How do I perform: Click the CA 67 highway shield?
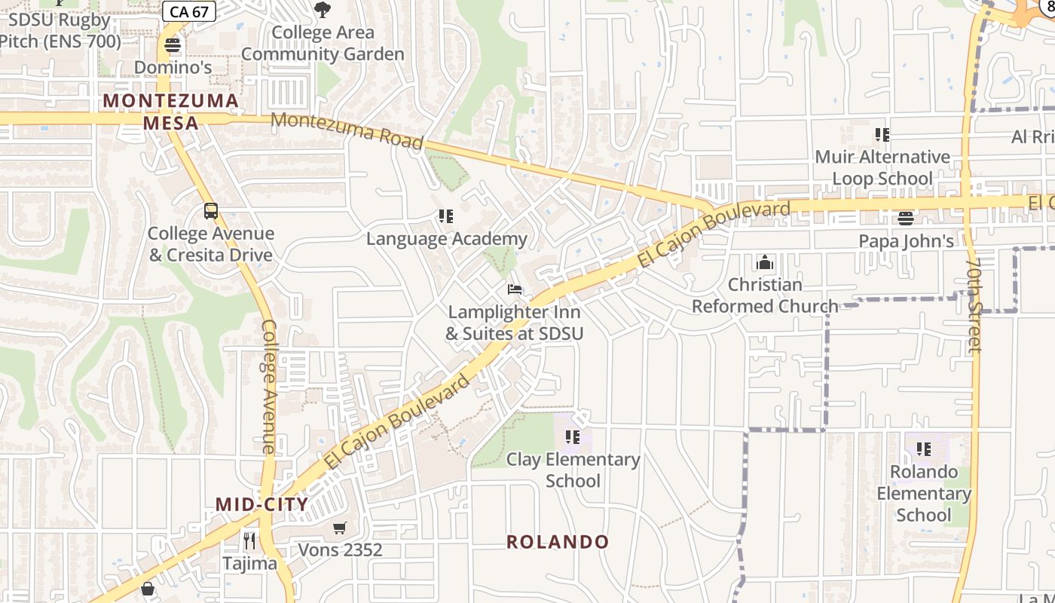tap(189, 11)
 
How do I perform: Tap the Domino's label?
tap(173, 67)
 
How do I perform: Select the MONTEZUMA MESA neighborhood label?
tap(171, 112)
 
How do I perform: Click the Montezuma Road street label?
tap(347, 130)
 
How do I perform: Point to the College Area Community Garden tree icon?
tap(323, 10)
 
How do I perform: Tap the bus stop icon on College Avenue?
tap(211, 211)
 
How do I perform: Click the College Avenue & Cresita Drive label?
tap(211, 244)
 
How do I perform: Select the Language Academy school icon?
tap(446, 217)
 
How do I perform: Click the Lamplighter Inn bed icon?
tap(515, 289)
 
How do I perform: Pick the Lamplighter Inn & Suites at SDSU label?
tap(515, 322)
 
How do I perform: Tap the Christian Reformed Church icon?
tap(765, 262)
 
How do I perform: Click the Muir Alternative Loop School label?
tap(882, 167)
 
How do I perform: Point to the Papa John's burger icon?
tap(906, 219)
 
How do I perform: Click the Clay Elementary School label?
tap(573, 470)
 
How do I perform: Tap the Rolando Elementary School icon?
tap(924, 449)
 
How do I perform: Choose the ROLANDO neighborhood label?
tap(558, 541)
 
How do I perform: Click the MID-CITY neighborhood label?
tap(261, 504)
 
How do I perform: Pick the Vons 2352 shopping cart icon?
tap(340, 528)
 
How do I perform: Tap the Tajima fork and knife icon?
tap(249, 540)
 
